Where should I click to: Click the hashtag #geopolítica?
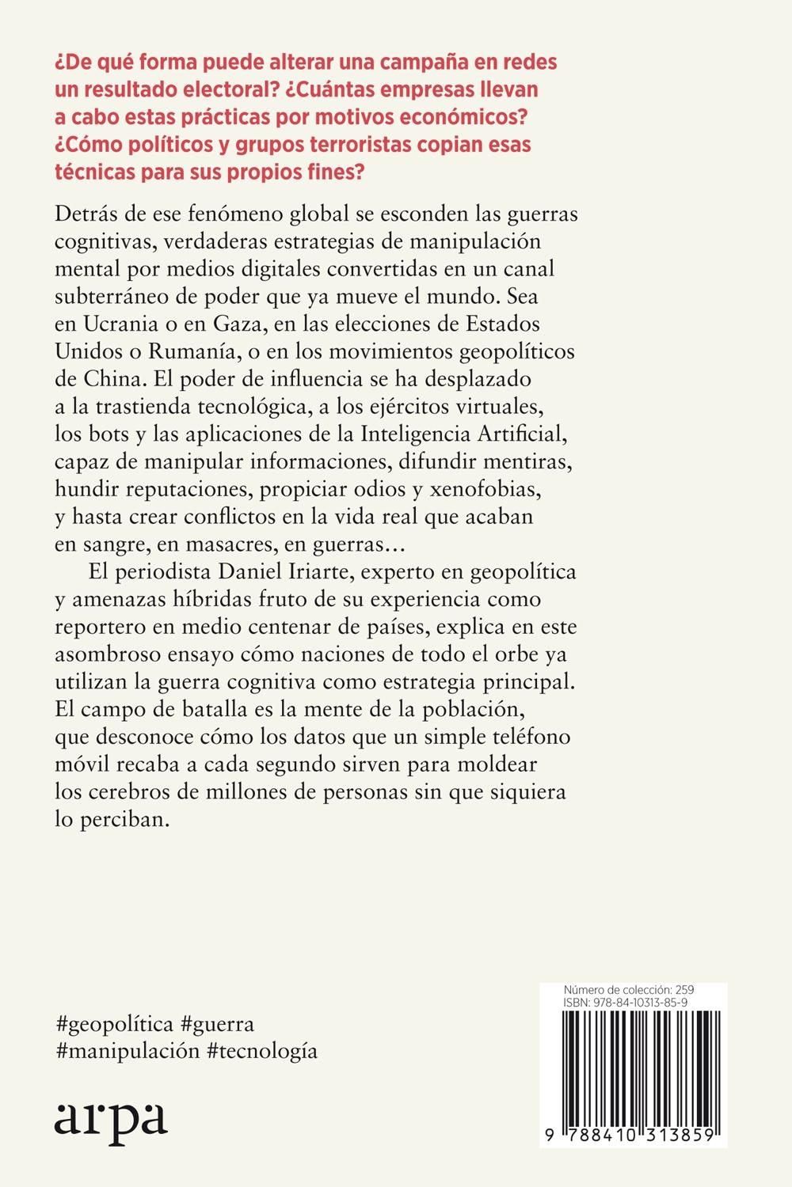pos(114,1024)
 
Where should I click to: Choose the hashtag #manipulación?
pos(127,1052)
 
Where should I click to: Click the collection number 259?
pos(685,990)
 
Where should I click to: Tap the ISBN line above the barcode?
pos(625,1002)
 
